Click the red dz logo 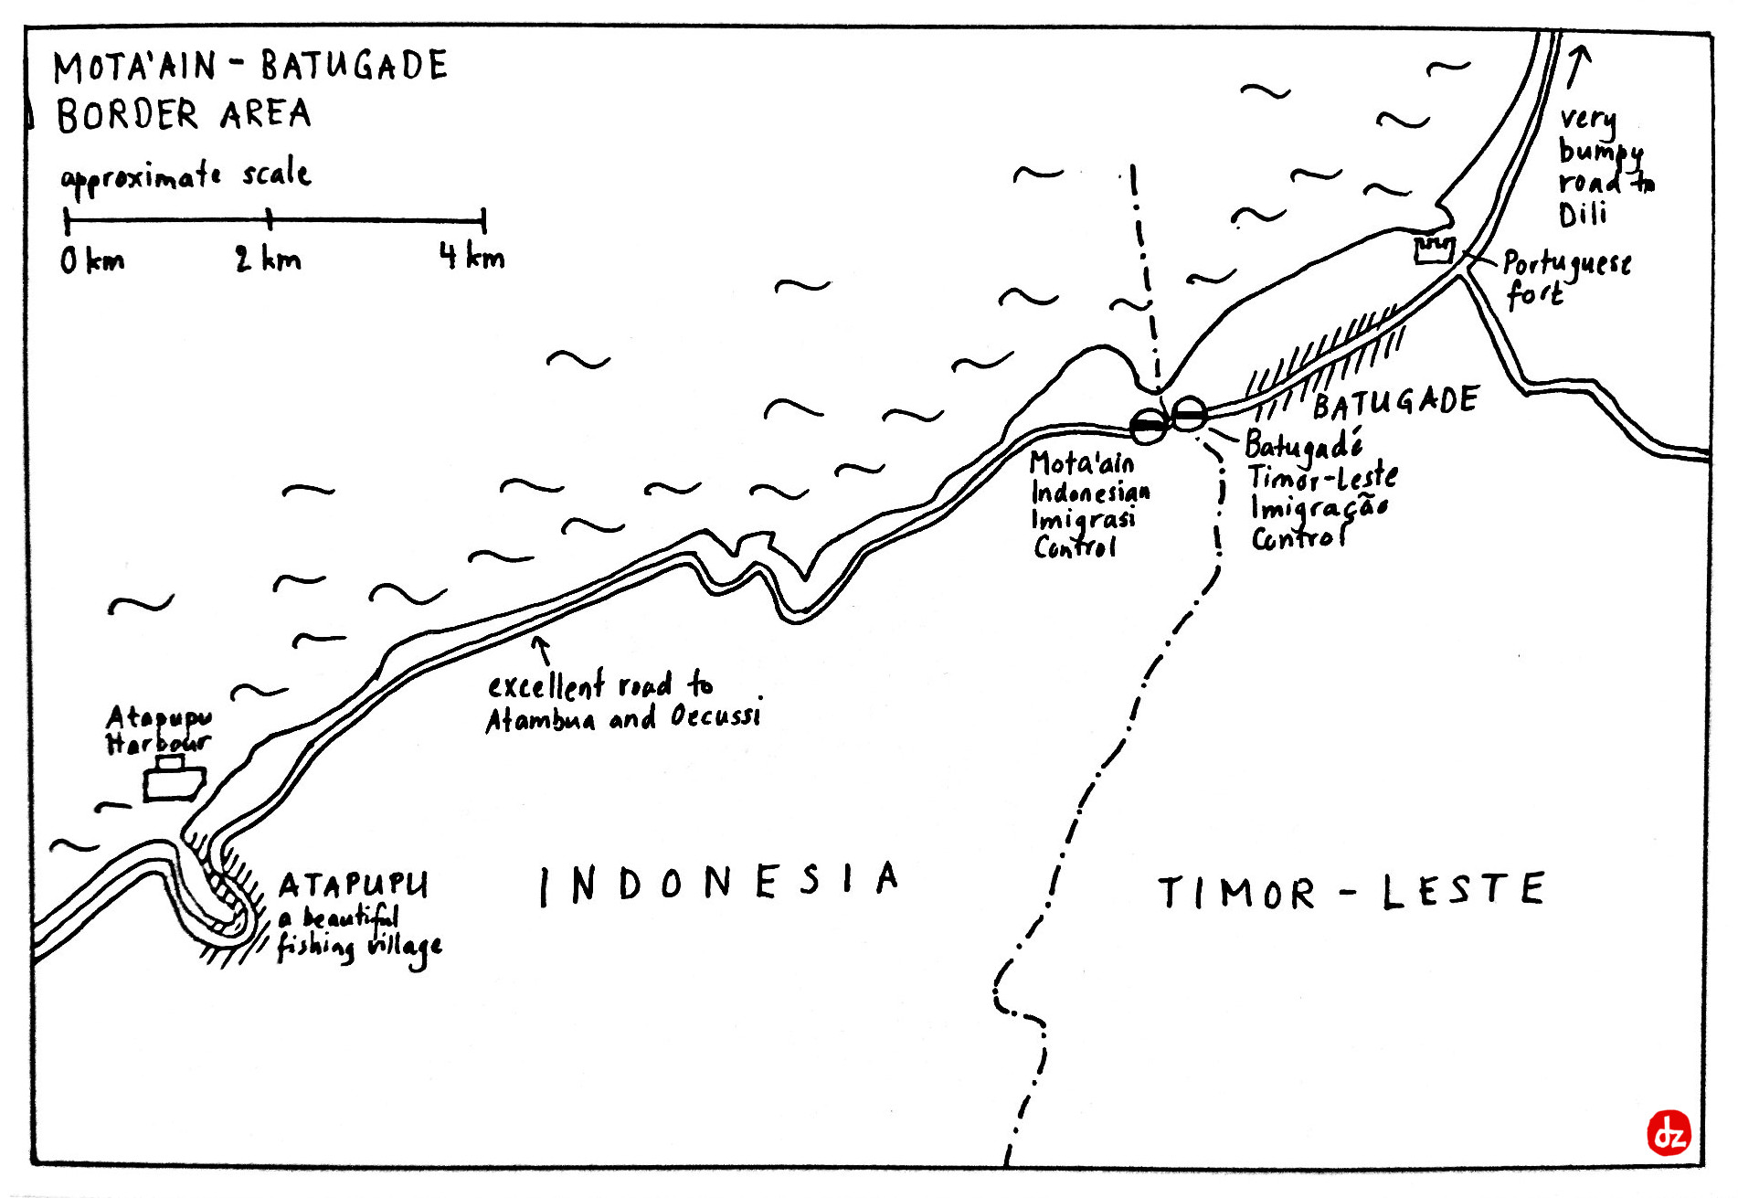pyautogui.click(x=1669, y=1133)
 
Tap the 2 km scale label pyautogui.click(x=267, y=260)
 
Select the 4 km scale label pyautogui.click(x=472, y=257)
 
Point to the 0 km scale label pyautogui.click(x=91, y=261)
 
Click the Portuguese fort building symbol pyautogui.click(x=1434, y=249)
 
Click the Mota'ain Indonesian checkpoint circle pyautogui.click(x=1149, y=426)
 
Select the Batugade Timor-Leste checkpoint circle pyautogui.click(x=1189, y=415)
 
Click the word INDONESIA pyautogui.click(x=719, y=882)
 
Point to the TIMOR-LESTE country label pyautogui.click(x=1351, y=891)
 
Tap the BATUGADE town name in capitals pyautogui.click(x=1395, y=402)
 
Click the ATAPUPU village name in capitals pyautogui.click(x=353, y=885)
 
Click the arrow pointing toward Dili pyautogui.click(x=1578, y=66)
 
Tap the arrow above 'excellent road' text pyautogui.click(x=542, y=650)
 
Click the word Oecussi pyautogui.click(x=715, y=716)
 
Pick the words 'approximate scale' pyautogui.click(x=185, y=176)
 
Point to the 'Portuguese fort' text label pyautogui.click(x=1565, y=279)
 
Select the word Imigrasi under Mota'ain pyautogui.click(x=1083, y=520)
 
